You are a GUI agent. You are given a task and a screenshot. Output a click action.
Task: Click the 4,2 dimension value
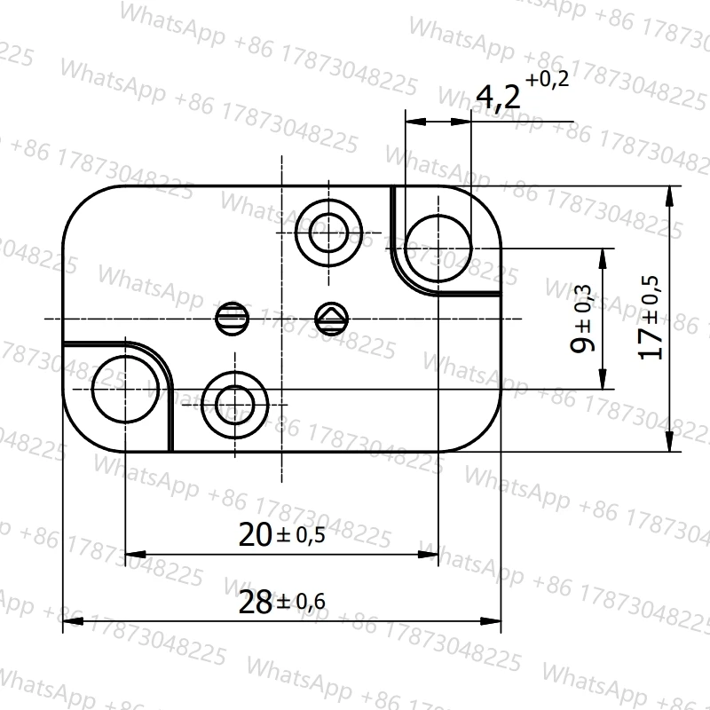[x=498, y=98]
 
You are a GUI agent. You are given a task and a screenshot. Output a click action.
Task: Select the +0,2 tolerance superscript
[x=547, y=79]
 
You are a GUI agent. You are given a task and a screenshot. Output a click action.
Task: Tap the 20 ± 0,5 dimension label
[x=281, y=535]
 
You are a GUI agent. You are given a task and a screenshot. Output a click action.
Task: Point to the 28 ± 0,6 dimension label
[x=281, y=602]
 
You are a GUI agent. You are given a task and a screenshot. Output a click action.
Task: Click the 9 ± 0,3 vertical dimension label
[x=581, y=319]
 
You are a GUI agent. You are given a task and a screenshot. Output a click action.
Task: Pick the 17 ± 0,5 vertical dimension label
[x=650, y=318]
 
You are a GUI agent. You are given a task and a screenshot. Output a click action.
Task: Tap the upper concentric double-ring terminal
[x=328, y=198]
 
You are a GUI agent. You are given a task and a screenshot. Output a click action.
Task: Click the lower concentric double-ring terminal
[x=235, y=371]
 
